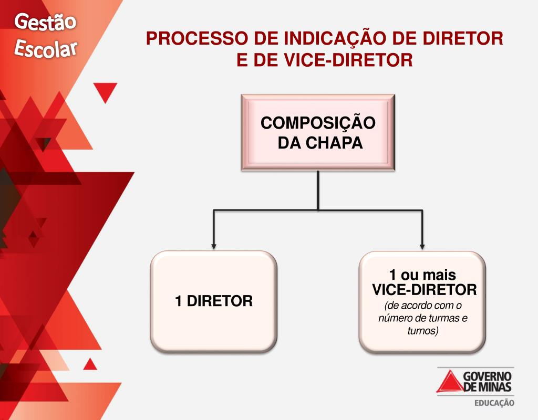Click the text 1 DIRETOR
tap(214, 301)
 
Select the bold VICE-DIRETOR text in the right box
tap(424, 289)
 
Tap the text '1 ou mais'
tap(422, 275)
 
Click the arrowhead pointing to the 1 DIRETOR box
tap(213, 245)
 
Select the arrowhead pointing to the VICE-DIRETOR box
tap(423, 245)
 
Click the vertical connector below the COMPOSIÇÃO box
tap(318, 190)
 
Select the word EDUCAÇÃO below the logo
tap(493, 403)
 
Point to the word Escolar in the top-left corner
tap(46, 48)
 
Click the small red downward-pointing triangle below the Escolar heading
tap(106, 92)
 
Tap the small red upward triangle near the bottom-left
tap(90, 364)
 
